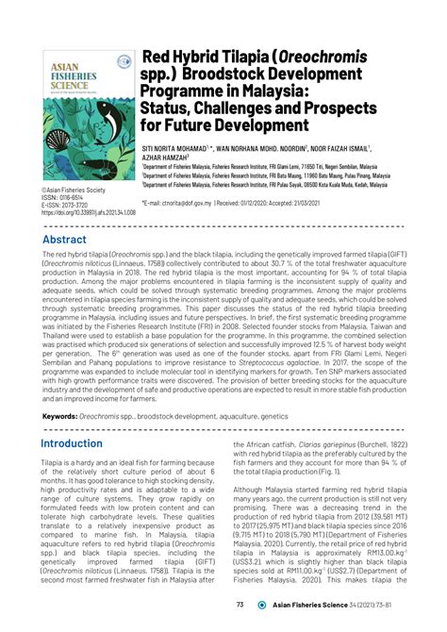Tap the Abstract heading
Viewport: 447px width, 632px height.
(63, 240)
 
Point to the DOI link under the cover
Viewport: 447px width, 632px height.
(89, 213)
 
